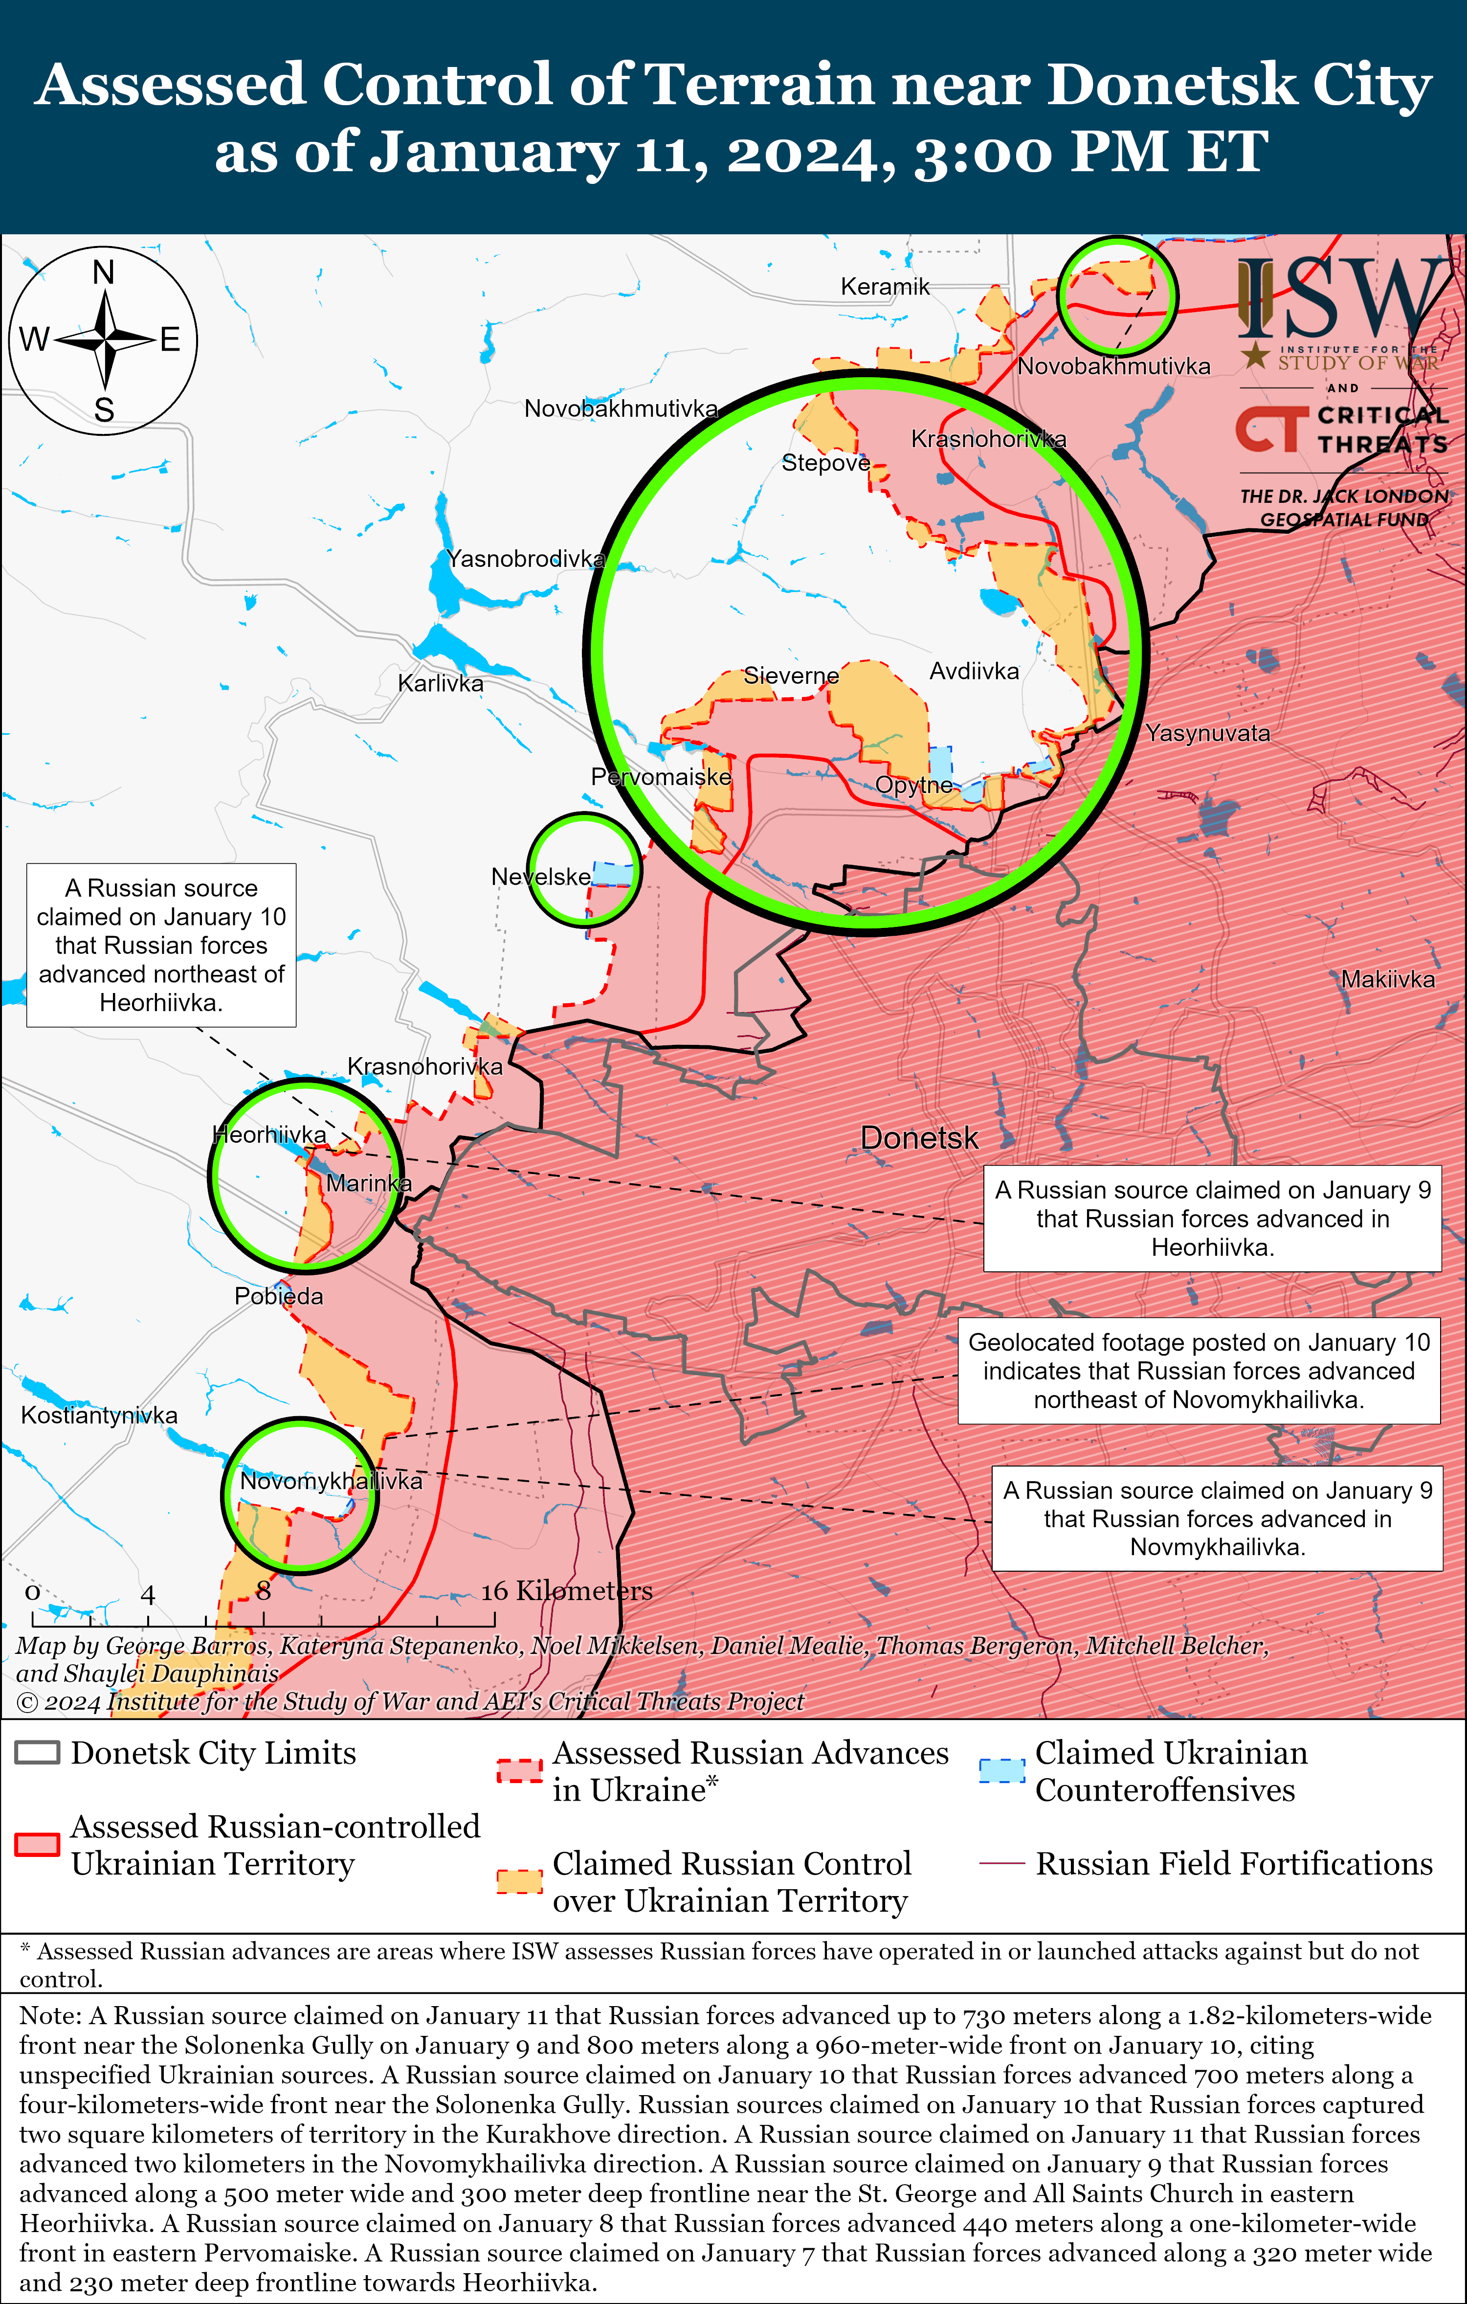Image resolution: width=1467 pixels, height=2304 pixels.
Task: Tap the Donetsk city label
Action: tap(919, 1138)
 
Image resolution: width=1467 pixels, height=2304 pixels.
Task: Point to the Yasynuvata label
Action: tap(1208, 734)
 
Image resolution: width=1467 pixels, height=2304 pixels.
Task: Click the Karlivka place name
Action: tap(441, 683)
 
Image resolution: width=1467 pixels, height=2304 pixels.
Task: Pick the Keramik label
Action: tap(885, 286)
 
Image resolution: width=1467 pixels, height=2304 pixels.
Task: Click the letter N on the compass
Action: tap(103, 272)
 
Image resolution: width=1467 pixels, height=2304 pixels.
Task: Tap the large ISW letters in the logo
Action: tap(1339, 298)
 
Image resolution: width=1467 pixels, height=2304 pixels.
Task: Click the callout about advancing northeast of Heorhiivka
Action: tap(161, 946)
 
